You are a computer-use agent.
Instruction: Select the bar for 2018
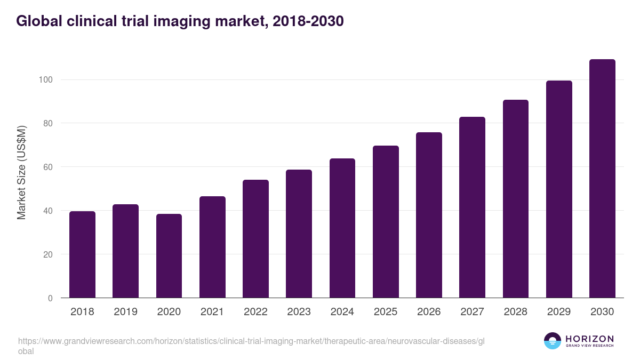[x=82, y=254]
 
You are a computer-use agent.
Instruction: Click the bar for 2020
[x=169, y=256]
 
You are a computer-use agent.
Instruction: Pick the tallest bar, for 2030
[x=602, y=179]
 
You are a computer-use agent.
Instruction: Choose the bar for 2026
[x=429, y=215]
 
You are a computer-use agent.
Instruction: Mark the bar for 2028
[x=515, y=199]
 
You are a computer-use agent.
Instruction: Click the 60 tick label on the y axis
[x=48, y=167]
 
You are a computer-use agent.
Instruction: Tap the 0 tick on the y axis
[x=50, y=298]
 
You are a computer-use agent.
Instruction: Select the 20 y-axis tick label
[x=48, y=254]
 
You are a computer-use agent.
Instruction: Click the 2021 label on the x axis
[x=212, y=312]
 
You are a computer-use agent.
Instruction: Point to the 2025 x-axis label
[x=386, y=312]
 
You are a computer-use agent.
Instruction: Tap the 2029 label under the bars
[x=559, y=312]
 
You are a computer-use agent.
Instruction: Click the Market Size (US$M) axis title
[x=21, y=172]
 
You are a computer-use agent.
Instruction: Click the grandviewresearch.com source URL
[x=251, y=340]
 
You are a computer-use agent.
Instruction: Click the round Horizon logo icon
[x=553, y=341]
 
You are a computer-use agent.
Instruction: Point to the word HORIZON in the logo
[x=589, y=339]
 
